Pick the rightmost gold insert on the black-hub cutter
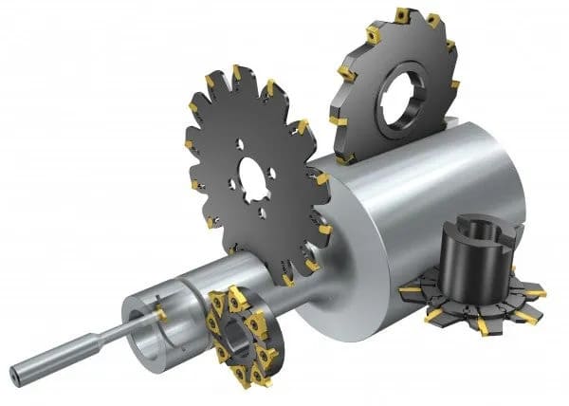(538, 294)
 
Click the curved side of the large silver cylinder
(446, 180)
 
